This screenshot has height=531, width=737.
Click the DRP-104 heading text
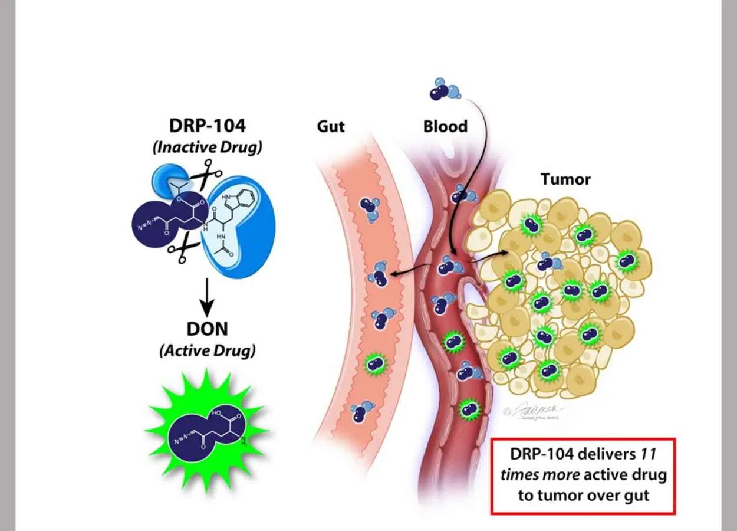pyautogui.click(x=206, y=126)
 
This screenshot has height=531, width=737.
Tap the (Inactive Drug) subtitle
pyautogui.click(x=206, y=147)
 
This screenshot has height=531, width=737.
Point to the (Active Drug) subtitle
pyautogui.click(x=207, y=350)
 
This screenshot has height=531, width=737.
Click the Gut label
pyautogui.click(x=330, y=126)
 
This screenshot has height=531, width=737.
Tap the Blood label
pyautogui.click(x=445, y=126)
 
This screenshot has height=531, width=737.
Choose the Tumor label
pyautogui.click(x=565, y=179)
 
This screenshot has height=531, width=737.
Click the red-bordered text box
pyautogui.click(x=583, y=476)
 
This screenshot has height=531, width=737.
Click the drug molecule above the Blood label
pyautogui.click(x=445, y=88)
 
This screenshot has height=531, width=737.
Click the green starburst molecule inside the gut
pyautogui.click(x=374, y=363)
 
